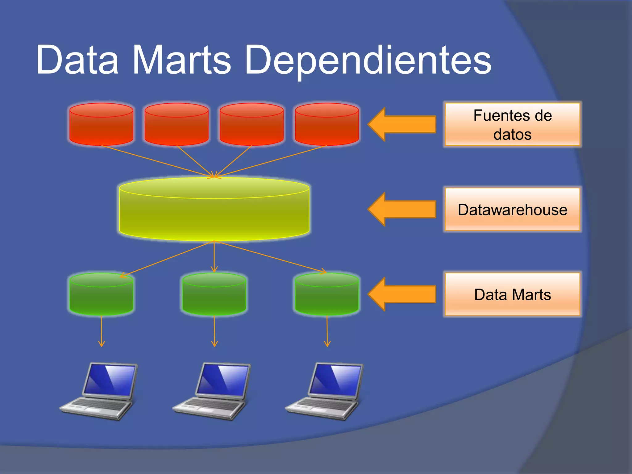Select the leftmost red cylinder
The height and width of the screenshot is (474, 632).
[x=101, y=125]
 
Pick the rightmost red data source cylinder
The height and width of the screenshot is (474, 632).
[x=327, y=125]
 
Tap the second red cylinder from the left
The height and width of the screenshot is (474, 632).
[x=177, y=125]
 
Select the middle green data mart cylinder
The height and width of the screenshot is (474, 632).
[x=214, y=295]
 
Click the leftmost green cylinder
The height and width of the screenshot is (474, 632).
[x=101, y=295]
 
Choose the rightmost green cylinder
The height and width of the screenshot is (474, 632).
[x=327, y=295]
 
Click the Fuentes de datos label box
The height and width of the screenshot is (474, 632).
[x=512, y=124]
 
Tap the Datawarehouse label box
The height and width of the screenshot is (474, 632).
[x=512, y=210]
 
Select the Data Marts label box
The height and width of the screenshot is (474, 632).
[x=512, y=294]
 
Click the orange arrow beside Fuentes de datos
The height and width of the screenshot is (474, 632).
[x=401, y=124]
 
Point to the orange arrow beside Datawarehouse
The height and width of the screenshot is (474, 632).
[x=401, y=209]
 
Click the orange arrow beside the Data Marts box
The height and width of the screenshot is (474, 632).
[x=401, y=294]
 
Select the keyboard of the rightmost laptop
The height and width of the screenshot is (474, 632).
[x=324, y=405]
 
